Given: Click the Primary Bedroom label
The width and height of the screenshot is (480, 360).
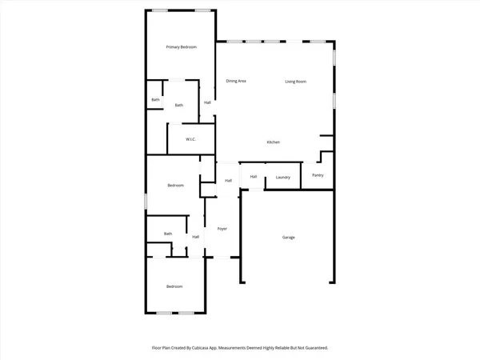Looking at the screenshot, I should (x=181, y=48).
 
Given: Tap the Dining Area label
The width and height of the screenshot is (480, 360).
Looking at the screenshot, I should (x=235, y=81).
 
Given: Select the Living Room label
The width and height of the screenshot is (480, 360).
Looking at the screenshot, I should (x=296, y=81).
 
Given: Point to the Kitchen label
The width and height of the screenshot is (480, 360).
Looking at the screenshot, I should (x=273, y=142).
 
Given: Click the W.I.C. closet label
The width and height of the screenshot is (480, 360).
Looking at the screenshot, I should (x=191, y=140).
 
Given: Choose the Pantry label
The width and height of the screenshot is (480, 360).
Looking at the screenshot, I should (x=318, y=174).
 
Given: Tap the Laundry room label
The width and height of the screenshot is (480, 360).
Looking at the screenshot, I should (x=282, y=177).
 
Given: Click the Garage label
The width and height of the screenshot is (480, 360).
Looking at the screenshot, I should (x=289, y=238).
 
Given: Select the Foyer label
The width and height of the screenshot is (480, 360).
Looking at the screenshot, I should (x=222, y=229).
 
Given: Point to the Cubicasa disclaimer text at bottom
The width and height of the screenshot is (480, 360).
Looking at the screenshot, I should (x=240, y=348).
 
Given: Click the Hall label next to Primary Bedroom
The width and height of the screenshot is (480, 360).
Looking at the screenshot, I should (x=207, y=102).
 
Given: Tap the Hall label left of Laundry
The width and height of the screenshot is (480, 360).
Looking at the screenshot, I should (x=254, y=177).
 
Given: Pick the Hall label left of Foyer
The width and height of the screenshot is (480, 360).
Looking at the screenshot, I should (x=195, y=237).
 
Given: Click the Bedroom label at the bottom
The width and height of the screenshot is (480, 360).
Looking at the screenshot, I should (x=174, y=286).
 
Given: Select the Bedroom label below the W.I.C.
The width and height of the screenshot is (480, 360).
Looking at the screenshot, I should (x=175, y=186).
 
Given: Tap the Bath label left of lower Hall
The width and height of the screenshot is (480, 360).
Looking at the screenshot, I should (x=168, y=234).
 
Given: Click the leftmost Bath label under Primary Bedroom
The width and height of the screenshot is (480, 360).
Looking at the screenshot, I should (x=155, y=100).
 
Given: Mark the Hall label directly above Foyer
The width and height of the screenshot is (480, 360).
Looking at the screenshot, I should (x=228, y=181).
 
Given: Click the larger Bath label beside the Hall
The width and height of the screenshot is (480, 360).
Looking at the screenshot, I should (x=179, y=105).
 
